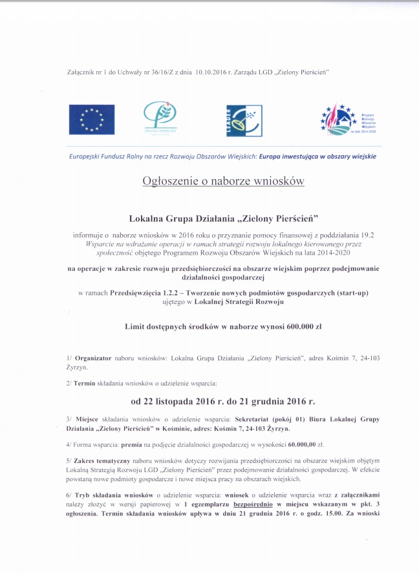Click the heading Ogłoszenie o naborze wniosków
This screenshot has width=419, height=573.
[x=223, y=181]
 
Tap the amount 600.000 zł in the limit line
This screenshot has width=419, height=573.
[x=299, y=327]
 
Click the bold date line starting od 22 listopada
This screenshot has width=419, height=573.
[x=223, y=401]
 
